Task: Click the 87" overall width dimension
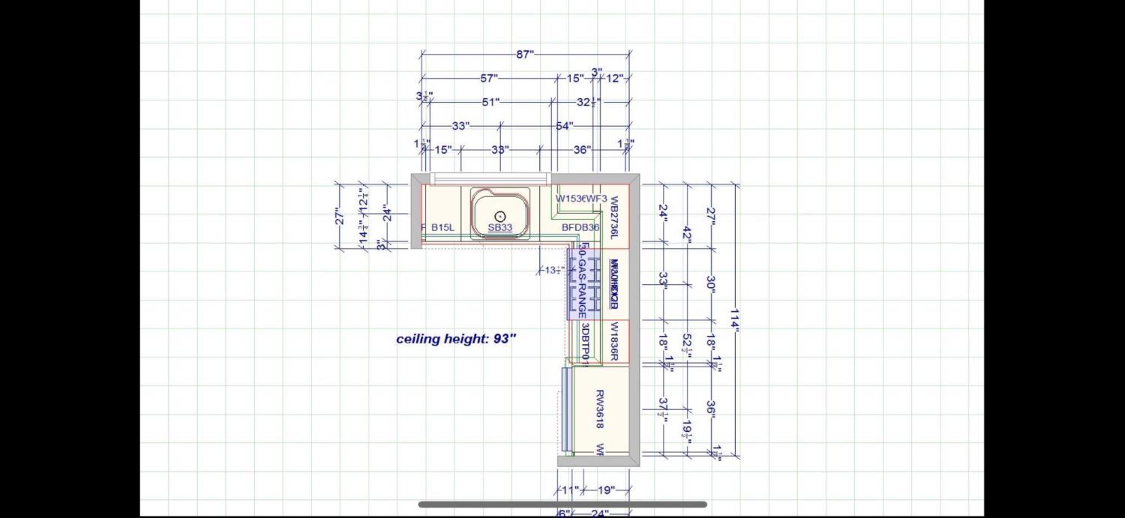524,54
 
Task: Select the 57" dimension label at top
489,78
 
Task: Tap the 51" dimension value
490,102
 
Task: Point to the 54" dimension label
564,126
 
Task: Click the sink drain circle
500,216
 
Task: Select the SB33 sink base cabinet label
500,228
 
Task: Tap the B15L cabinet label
442,228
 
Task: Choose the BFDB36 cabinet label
580,228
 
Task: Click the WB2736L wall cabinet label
613,218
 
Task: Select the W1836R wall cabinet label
613,342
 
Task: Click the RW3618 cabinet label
600,409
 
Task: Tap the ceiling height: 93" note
456,339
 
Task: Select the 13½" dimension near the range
554,271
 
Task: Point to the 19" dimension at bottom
606,490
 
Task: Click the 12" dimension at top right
614,78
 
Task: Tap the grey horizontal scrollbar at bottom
562,505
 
